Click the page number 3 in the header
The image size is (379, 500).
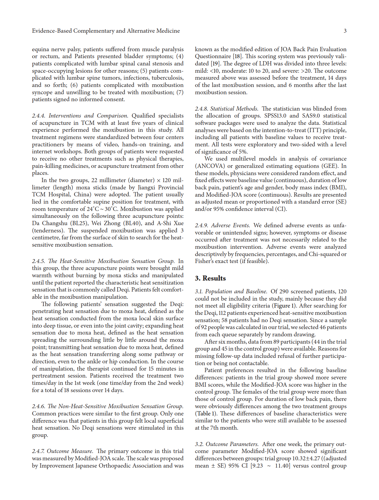point(345,31)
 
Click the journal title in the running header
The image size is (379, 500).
point(106,31)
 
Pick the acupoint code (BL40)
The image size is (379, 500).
point(131,223)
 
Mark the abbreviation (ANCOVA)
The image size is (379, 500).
point(210,166)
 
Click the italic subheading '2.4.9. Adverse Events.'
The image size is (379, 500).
point(222,225)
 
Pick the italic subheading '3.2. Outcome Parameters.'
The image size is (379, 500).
point(226,444)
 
